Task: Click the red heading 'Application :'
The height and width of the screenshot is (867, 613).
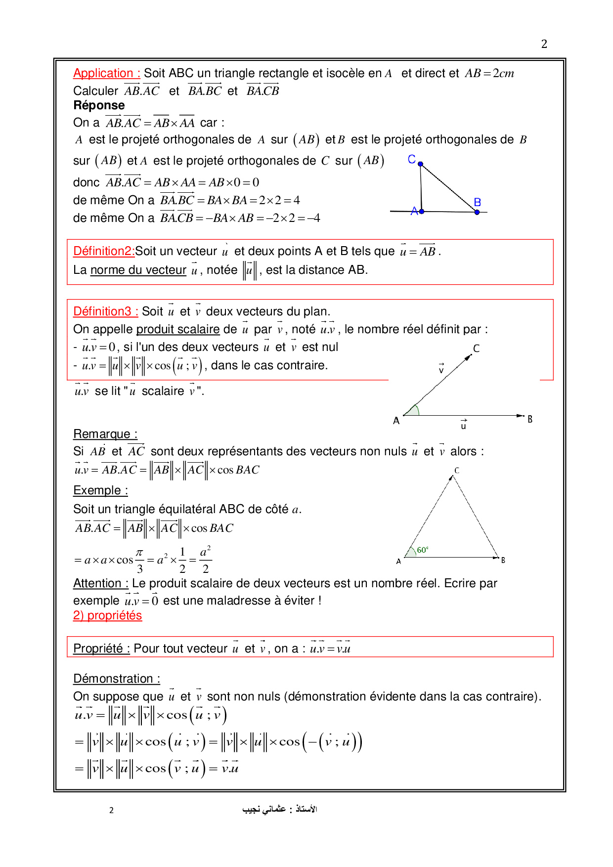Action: point(106,74)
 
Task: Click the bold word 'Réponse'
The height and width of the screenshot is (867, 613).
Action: point(99,105)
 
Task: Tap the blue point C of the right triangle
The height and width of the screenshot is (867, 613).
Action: point(420,164)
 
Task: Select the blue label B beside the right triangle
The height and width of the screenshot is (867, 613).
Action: point(478,202)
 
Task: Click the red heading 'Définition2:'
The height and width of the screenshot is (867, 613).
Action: point(104,251)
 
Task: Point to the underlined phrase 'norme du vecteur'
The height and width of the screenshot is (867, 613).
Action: point(138,270)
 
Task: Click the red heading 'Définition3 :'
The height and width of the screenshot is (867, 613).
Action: point(105,311)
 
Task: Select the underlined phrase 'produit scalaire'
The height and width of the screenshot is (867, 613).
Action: point(178,329)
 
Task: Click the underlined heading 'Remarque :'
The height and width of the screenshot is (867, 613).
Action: point(105,434)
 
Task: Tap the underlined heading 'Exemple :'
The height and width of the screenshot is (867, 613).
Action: point(100,490)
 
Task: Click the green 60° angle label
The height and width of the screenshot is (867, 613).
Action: point(423,550)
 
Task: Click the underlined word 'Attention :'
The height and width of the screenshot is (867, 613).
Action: point(101,583)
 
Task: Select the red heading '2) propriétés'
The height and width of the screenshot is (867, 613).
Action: point(107,615)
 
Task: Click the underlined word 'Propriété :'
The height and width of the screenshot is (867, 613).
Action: point(101,649)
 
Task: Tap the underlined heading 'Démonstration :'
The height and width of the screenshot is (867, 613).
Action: point(117,679)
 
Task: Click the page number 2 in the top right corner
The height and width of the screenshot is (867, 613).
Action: point(544,44)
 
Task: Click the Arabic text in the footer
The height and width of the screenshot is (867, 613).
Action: point(279,809)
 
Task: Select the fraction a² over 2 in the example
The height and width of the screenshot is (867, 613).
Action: point(206,560)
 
